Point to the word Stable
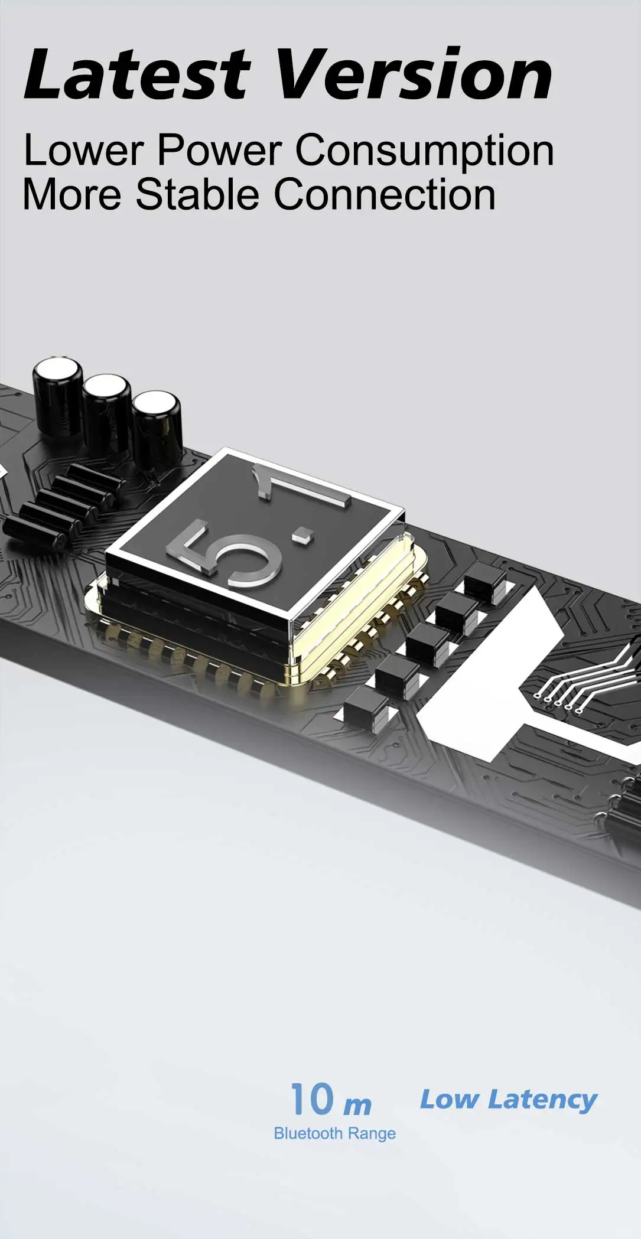198,195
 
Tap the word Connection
385,195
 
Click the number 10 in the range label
312,1099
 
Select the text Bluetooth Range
334,1133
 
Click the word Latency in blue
542,1100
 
